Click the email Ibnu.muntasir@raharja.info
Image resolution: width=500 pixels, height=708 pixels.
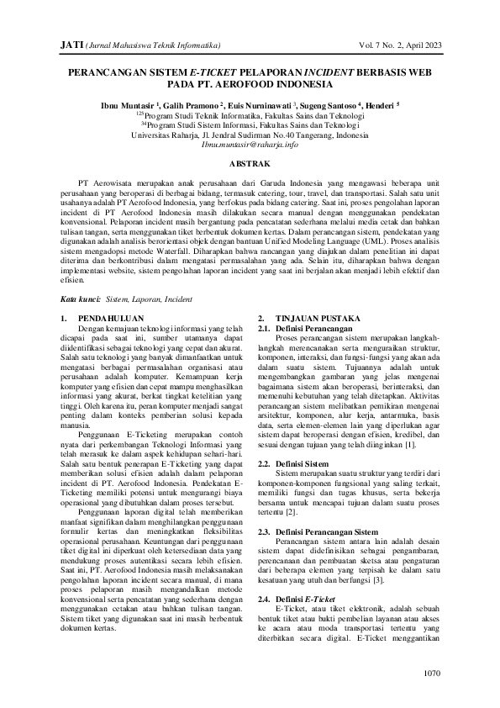point(250,144)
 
